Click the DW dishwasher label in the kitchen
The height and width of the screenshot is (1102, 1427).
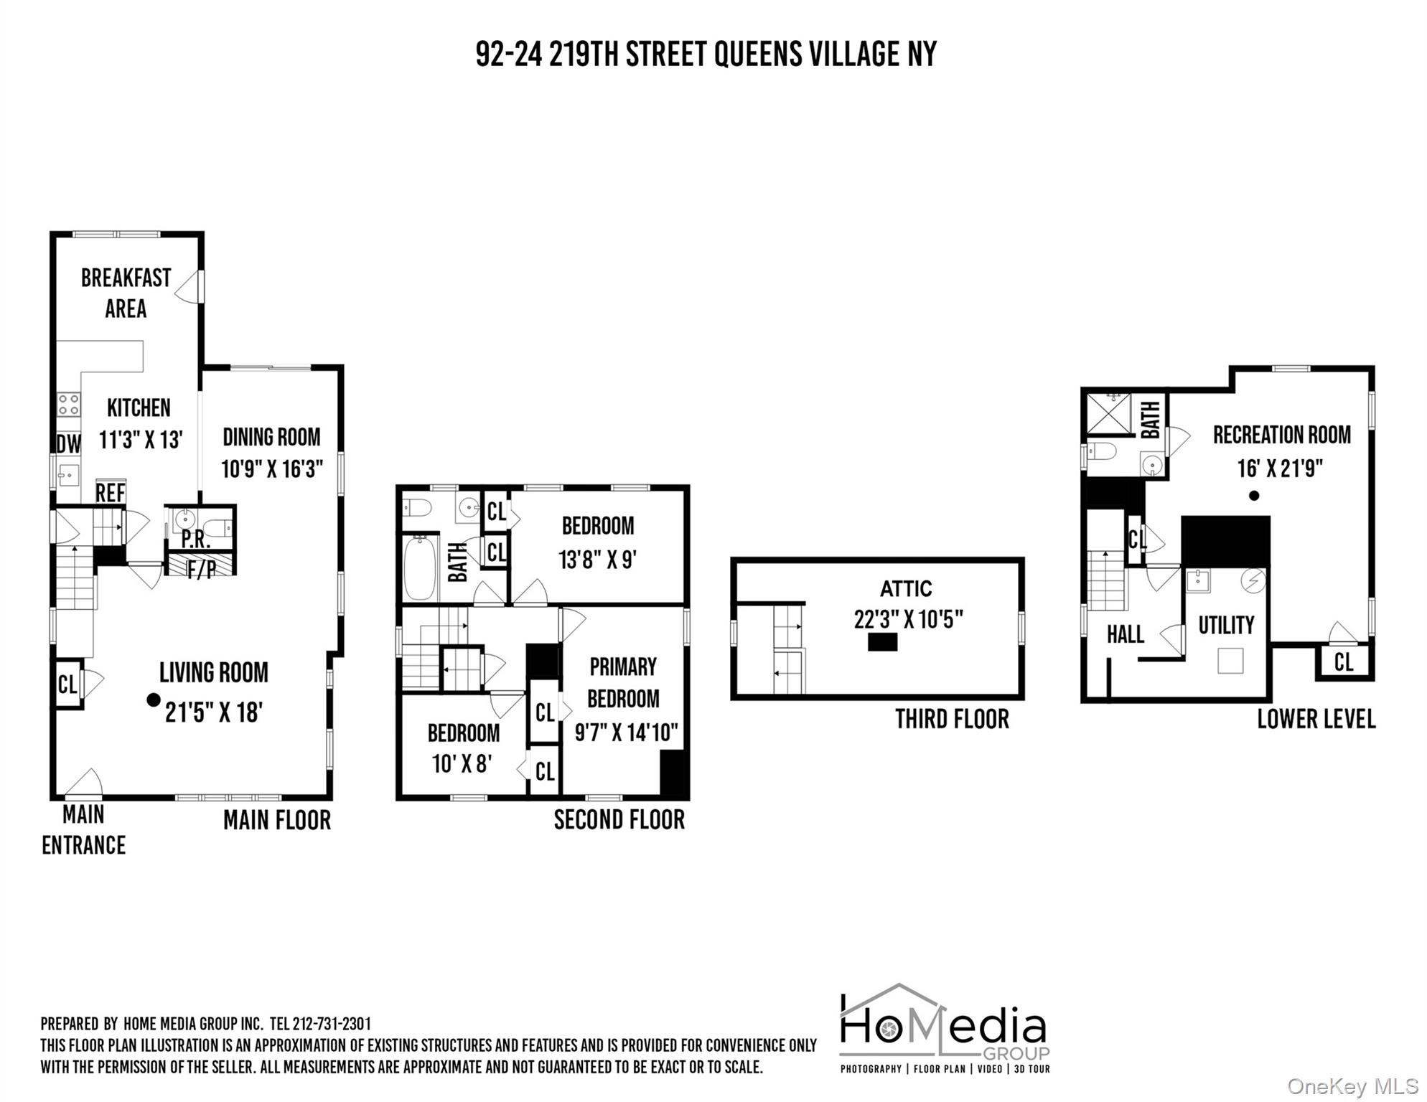point(69,444)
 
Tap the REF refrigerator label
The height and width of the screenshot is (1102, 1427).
point(111,493)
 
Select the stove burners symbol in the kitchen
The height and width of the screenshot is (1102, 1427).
point(69,405)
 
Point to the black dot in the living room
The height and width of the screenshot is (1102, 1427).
point(153,700)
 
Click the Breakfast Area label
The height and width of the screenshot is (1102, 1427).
point(126,293)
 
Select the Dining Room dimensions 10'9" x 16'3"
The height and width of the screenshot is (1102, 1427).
point(272,469)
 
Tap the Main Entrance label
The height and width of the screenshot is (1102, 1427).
point(83,830)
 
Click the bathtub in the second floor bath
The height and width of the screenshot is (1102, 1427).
point(420,568)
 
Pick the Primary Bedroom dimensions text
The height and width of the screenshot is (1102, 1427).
point(626,733)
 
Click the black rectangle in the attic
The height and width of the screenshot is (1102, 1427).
point(882,641)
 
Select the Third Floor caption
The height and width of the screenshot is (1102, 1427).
point(952,719)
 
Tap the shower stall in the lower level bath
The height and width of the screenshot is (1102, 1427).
point(1109,413)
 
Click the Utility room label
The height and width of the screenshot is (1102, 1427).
point(1226,625)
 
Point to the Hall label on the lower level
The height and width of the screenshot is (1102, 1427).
point(1125,634)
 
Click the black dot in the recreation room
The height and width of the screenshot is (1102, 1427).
point(1254,495)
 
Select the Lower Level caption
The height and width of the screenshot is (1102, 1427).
point(1316,719)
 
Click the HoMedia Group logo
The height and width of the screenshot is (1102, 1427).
point(945,1029)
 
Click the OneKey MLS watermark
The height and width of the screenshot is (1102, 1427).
point(1352,1087)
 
